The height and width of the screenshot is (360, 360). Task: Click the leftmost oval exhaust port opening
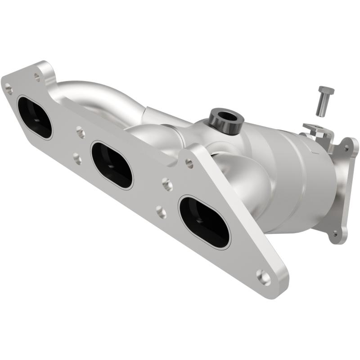point(35,117)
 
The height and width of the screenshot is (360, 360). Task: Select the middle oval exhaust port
point(112,165)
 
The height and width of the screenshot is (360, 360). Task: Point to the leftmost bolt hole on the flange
point(9,90)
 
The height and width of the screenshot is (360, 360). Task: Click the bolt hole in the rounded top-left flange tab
point(37,77)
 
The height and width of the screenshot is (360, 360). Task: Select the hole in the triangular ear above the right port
point(189,164)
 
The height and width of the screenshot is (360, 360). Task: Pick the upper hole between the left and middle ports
point(81,132)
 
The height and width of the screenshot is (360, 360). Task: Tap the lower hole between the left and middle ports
point(77,158)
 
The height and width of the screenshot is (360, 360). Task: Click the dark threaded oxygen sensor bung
point(226,120)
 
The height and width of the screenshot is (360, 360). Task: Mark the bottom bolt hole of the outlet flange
point(334,234)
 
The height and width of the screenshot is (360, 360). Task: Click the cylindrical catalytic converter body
point(288,180)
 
